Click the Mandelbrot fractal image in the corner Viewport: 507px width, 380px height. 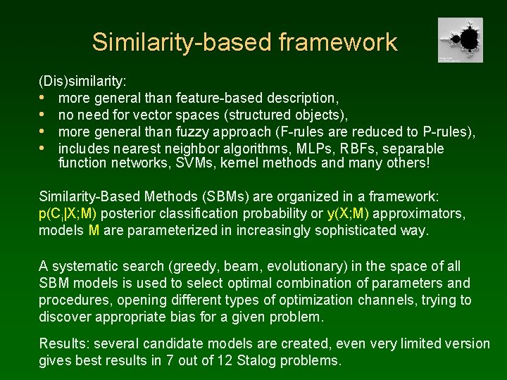point(460,40)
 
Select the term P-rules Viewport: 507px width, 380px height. point(448,132)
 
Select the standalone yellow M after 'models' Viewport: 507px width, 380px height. point(94,230)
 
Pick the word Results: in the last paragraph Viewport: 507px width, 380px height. point(63,344)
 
